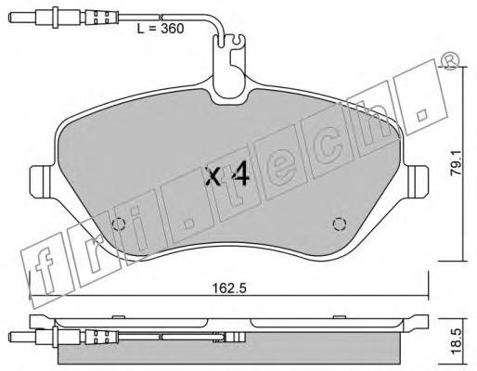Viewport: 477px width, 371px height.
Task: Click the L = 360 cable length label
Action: [x=161, y=29]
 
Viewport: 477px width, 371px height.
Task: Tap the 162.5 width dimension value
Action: [x=229, y=288]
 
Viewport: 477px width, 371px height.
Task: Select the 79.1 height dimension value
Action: [x=456, y=163]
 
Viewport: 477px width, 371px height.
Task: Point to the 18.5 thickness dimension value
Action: [x=456, y=342]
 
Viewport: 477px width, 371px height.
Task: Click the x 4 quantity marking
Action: [x=227, y=175]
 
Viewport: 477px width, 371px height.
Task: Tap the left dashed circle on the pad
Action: [x=119, y=224]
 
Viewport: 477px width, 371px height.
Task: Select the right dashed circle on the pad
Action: [x=339, y=224]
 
